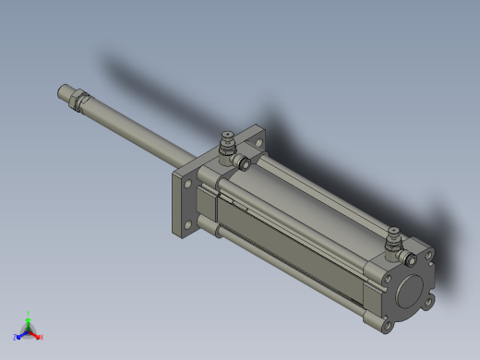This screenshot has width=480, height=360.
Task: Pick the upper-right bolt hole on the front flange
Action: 256,139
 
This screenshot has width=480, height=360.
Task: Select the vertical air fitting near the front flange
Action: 224,146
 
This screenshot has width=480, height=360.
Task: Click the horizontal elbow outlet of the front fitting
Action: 245,163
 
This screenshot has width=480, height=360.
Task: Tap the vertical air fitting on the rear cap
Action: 392,238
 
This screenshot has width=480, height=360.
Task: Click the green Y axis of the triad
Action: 29,318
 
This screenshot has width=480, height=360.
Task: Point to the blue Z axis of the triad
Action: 20,336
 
